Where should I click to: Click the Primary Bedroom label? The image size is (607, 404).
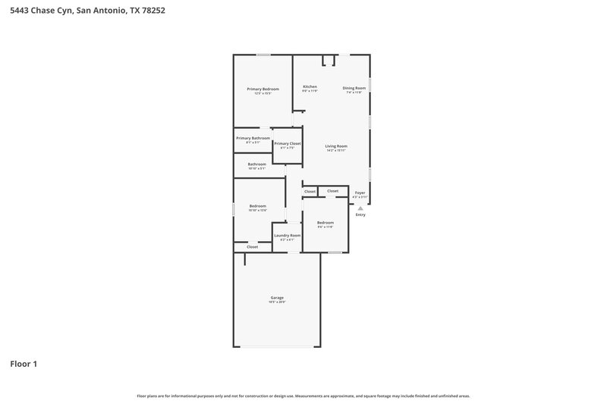click(x=263, y=89)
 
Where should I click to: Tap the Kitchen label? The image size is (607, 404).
click(x=310, y=86)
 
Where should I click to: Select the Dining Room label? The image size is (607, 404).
click(x=354, y=88)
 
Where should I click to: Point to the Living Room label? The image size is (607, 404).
click(x=336, y=146)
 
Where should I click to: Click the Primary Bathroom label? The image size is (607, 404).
click(x=253, y=138)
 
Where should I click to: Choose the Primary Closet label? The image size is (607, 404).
click(x=288, y=143)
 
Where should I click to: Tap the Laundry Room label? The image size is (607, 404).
click(x=288, y=235)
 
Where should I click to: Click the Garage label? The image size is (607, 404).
click(x=277, y=297)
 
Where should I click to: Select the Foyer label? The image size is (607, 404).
click(x=360, y=193)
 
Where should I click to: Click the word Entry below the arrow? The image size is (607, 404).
click(x=360, y=215)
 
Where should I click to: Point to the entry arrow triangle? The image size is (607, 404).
click(x=360, y=208)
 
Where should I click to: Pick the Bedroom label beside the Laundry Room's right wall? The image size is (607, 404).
click(x=326, y=222)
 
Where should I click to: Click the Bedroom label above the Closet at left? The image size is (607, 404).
click(x=258, y=205)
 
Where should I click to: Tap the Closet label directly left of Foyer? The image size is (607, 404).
click(x=333, y=191)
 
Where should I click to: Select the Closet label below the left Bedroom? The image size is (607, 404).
click(x=252, y=246)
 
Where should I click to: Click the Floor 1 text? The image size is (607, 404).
click(x=24, y=364)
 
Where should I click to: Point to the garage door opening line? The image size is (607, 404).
click(x=277, y=346)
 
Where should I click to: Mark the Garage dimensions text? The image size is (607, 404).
click(x=277, y=302)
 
